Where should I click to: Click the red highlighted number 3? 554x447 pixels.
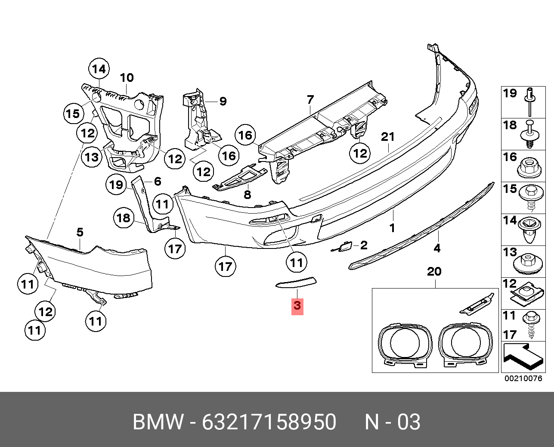pyautogui.click(x=297, y=306)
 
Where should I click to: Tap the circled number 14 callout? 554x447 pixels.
pyautogui.click(x=99, y=69)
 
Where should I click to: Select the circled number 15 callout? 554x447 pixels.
pyautogui.click(x=73, y=114)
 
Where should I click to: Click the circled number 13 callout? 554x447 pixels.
pyautogui.click(x=92, y=157)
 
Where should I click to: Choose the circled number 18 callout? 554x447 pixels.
pyautogui.click(x=124, y=218)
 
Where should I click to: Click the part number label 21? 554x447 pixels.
pyautogui.click(x=387, y=137)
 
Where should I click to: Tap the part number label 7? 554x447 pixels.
pyautogui.click(x=310, y=99)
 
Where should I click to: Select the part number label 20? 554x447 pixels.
pyautogui.click(x=434, y=272)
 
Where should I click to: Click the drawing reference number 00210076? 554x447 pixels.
pyautogui.click(x=523, y=379)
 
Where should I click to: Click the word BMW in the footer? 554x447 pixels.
pyautogui.click(x=158, y=422)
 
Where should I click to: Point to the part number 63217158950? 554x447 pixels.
pyautogui.click(x=269, y=422)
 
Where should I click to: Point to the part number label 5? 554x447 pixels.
pyautogui.click(x=80, y=233)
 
